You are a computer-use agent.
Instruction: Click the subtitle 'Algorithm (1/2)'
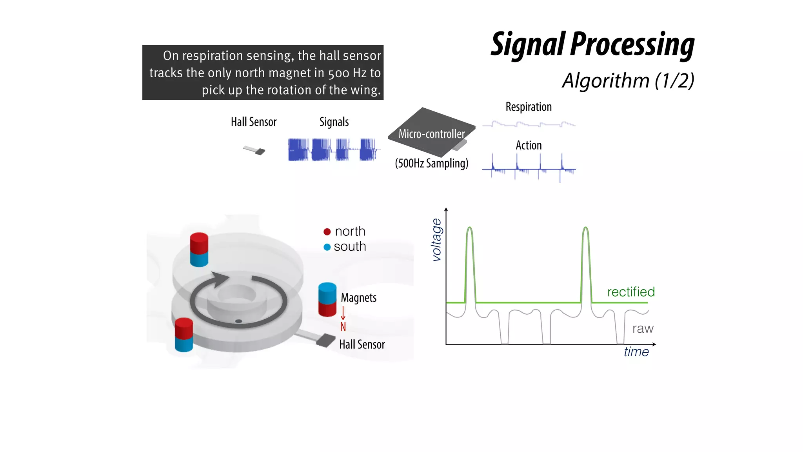(x=628, y=81)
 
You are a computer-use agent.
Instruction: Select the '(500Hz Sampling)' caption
(x=431, y=163)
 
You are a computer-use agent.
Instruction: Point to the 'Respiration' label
(x=529, y=107)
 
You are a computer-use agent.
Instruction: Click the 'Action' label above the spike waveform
(x=529, y=145)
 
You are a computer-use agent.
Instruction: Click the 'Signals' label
(x=334, y=122)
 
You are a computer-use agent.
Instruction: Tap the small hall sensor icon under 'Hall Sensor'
(x=255, y=150)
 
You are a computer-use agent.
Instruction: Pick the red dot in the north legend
(x=327, y=231)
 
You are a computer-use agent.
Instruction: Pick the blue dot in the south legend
(x=327, y=247)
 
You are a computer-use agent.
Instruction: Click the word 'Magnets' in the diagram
(x=358, y=298)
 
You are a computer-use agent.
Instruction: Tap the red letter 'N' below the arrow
(x=343, y=326)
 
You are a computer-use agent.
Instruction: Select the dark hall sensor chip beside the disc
(x=325, y=341)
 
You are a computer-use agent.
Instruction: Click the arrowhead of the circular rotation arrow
(x=220, y=279)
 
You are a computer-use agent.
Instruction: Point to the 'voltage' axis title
(x=436, y=240)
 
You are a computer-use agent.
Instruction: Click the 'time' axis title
(x=636, y=352)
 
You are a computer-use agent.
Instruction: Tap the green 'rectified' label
(x=631, y=292)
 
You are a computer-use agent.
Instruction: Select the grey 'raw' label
(x=643, y=328)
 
